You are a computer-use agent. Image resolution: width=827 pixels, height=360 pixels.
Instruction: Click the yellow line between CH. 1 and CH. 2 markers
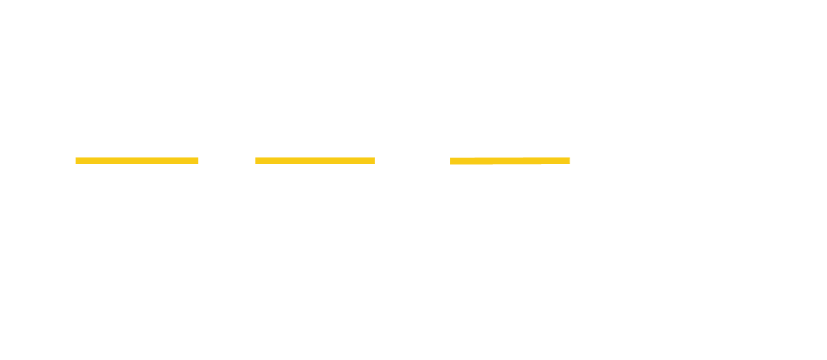pos(137,161)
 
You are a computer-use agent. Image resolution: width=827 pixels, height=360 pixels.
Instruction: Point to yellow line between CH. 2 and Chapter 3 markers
pos(315,161)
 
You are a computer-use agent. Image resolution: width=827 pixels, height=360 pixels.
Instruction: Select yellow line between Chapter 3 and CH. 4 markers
pos(509,161)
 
